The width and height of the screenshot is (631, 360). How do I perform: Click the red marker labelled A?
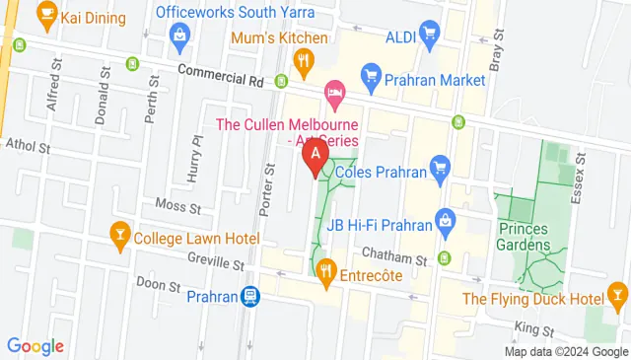coord(315,157)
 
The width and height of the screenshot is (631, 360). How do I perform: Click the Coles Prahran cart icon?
coord(440,172)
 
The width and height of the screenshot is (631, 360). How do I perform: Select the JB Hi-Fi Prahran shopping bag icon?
coord(447,218)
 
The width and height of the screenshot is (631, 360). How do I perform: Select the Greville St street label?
coord(214,263)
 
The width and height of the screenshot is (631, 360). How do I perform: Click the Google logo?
coord(35,345)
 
